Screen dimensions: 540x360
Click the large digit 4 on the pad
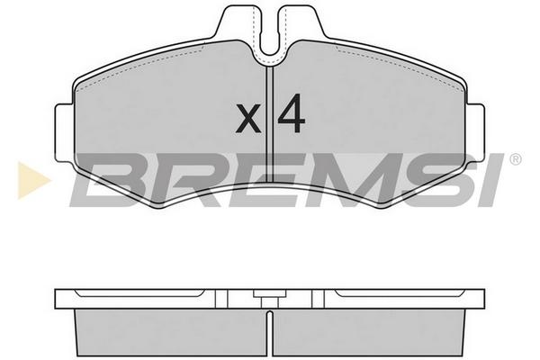tap(292, 113)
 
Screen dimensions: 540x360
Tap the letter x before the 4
tap(248, 119)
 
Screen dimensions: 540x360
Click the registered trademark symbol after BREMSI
tap(515, 159)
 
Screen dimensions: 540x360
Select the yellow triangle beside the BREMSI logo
tap(33, 180)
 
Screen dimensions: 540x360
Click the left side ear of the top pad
tap(64, 132)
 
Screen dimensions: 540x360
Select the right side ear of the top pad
tap(475, 132)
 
